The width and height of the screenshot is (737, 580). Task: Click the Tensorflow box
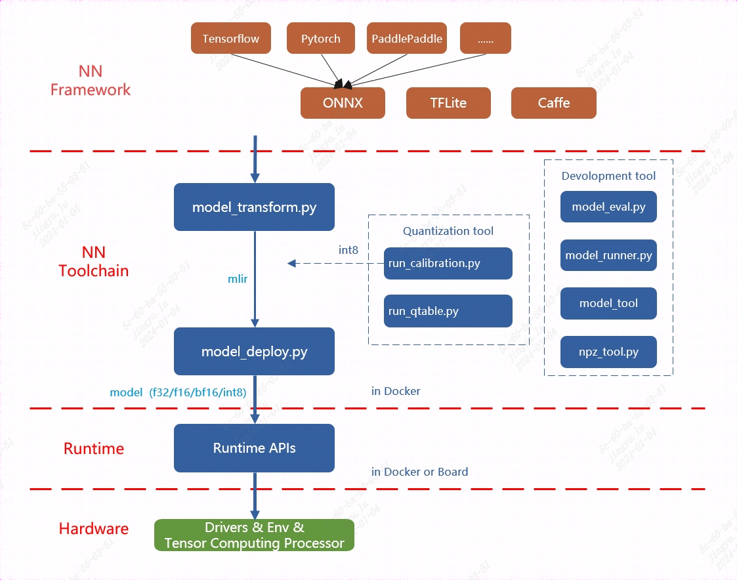coord(230,39)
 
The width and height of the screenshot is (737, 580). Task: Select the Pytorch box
coord(321,39)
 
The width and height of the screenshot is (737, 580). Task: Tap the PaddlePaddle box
coord(407,39)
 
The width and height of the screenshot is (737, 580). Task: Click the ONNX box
coord(343,103)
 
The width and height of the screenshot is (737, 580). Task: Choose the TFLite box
coord(448,103)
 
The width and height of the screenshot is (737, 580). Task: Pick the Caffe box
coord(553,103)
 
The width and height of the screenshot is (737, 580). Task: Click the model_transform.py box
coord(254,207)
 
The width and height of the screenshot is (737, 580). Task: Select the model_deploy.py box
coord(254,352)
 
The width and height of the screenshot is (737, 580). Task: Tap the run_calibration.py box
coord(448,264)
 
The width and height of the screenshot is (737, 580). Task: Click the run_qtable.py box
coord(448,311)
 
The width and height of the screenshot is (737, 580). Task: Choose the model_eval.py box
coord(608,207)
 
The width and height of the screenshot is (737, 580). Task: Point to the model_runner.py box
coord(608,255)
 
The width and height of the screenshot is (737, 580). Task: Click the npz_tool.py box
coord(608,352)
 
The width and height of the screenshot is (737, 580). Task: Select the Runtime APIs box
coord(254,448)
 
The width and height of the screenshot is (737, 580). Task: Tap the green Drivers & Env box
coord(254,535)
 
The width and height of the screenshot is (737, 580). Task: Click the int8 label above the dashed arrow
coord(348,250)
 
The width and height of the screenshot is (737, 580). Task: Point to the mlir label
coord(237,279)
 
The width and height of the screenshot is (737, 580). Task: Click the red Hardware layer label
coord(94,529)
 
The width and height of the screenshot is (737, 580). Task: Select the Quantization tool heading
coord(448,231)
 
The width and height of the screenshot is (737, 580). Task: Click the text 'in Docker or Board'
coord(419,472)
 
